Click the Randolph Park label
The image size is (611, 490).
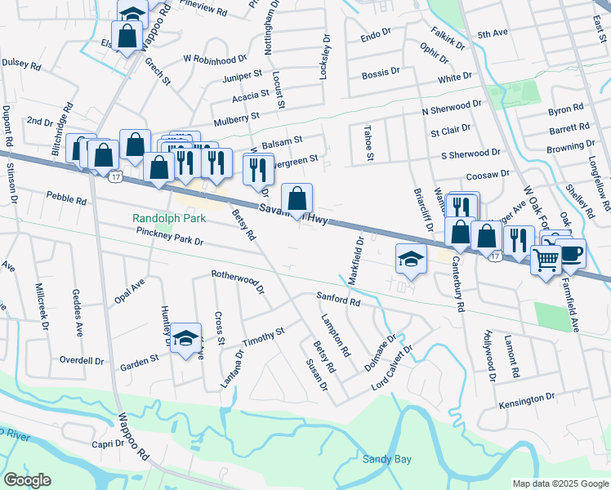170,219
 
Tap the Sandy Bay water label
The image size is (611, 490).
386,460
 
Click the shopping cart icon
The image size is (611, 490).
546,261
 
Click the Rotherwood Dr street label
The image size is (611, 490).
238,282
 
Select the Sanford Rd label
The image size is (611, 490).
338,301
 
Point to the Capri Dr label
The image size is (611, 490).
107,443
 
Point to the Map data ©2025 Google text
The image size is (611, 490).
560,483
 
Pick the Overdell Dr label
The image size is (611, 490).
82,360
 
